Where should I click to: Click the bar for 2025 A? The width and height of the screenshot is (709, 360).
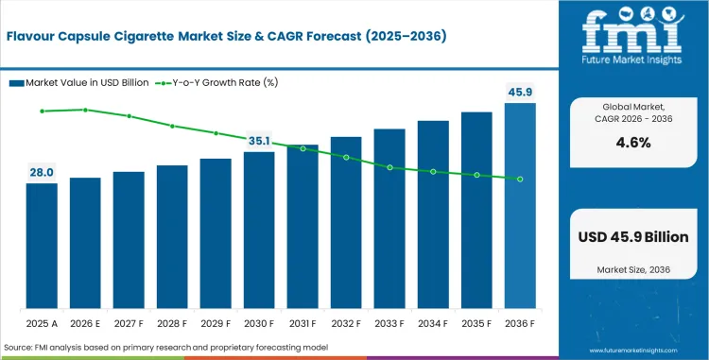(42, 246)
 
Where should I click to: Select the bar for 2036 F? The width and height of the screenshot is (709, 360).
(520, 206)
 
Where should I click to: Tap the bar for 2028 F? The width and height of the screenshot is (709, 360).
(172, 236)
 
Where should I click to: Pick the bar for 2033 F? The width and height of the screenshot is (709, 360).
(389, 218)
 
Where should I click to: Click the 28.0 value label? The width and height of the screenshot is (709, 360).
(42, 172)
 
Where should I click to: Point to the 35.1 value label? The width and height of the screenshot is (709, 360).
(259, 142)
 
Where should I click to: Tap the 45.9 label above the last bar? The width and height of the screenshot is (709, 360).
(520, 93)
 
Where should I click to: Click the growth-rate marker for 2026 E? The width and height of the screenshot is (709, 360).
(85, 110)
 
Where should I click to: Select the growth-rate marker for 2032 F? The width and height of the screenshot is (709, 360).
(346, 157)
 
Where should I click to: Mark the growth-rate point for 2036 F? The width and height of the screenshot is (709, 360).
(520, 180)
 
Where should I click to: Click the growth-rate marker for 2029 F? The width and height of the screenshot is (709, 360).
(216, 133)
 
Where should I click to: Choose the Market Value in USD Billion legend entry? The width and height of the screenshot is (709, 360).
(78, 82)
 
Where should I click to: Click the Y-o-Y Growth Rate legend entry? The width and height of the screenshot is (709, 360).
(216, 82)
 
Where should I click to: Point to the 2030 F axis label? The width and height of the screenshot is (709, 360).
(259, 324)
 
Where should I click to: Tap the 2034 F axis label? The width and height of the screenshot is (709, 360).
(433, 324)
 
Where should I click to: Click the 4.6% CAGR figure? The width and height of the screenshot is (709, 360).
(633, 143)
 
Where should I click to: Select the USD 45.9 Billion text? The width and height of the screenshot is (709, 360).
(633, 237)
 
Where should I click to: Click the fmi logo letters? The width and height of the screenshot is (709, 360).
(633, 31)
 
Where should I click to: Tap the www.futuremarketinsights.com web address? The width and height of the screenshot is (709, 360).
(633, 351)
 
